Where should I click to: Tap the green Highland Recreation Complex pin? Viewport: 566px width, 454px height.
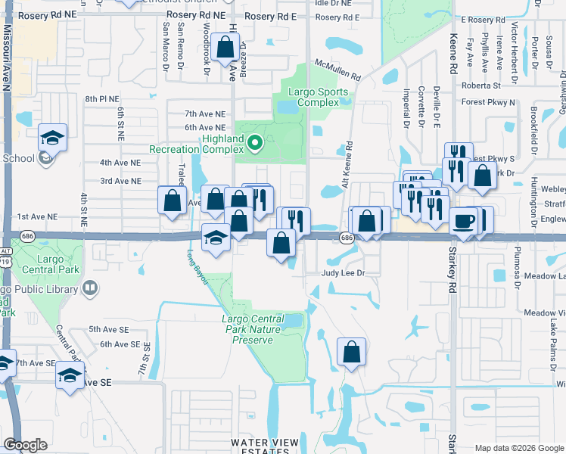point(255,141)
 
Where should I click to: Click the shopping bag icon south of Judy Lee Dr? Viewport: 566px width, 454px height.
point(352,352)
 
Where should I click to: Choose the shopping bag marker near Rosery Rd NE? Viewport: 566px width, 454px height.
point(225,48)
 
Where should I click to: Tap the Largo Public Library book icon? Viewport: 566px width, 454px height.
point(90,288)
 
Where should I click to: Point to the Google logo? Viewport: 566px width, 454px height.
point(26,445)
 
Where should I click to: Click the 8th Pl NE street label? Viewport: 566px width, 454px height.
point(102,99)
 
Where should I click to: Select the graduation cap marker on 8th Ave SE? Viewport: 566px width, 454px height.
point(70,375)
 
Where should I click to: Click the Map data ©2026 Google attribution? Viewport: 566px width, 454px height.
point(519,448)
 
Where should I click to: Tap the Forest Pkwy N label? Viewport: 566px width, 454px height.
point(487,102)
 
